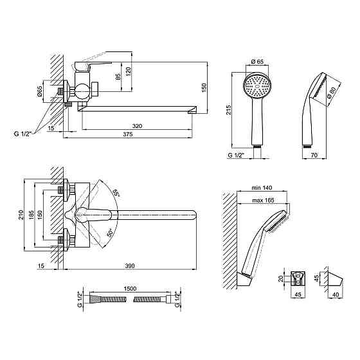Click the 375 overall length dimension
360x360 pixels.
(x=128, y=134)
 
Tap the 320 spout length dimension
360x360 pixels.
(x=137, y=126)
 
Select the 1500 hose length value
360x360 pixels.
(x=130, y=289)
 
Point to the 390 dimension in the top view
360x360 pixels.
(x=130, y=266)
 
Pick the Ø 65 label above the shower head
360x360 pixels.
(x=257, y=62)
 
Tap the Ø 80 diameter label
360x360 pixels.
(x=331, y=93)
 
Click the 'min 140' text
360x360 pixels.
(x=262, y=188)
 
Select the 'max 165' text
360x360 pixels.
(x=263, y=201)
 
